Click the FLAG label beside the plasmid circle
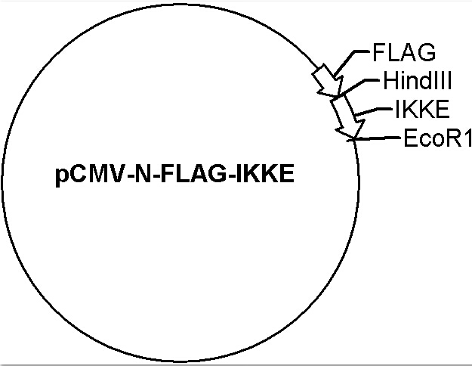[x=404, y=52]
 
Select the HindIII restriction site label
[x=418, y=80]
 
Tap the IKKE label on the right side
[x=422, y=109]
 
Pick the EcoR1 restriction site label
[x=437, y=138]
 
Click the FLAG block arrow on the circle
[x=328, y=80]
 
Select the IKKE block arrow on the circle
[x=347, y=116]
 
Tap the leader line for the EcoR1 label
[x=373, y=138]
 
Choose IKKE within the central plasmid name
[x=265, y=174]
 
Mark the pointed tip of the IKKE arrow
[x=354, y=139]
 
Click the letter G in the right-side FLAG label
[x=427, y=52]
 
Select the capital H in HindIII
[x=390, y=80]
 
